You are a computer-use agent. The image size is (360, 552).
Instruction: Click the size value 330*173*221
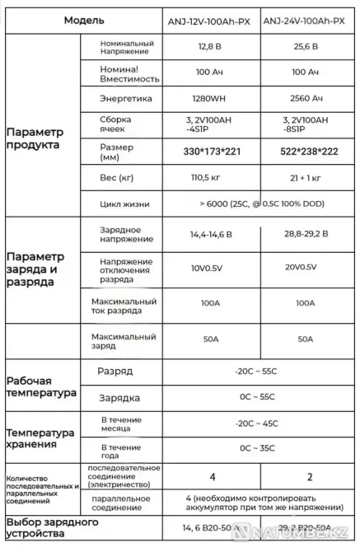(213, 152)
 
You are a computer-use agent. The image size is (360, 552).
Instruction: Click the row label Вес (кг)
(116, 179)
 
